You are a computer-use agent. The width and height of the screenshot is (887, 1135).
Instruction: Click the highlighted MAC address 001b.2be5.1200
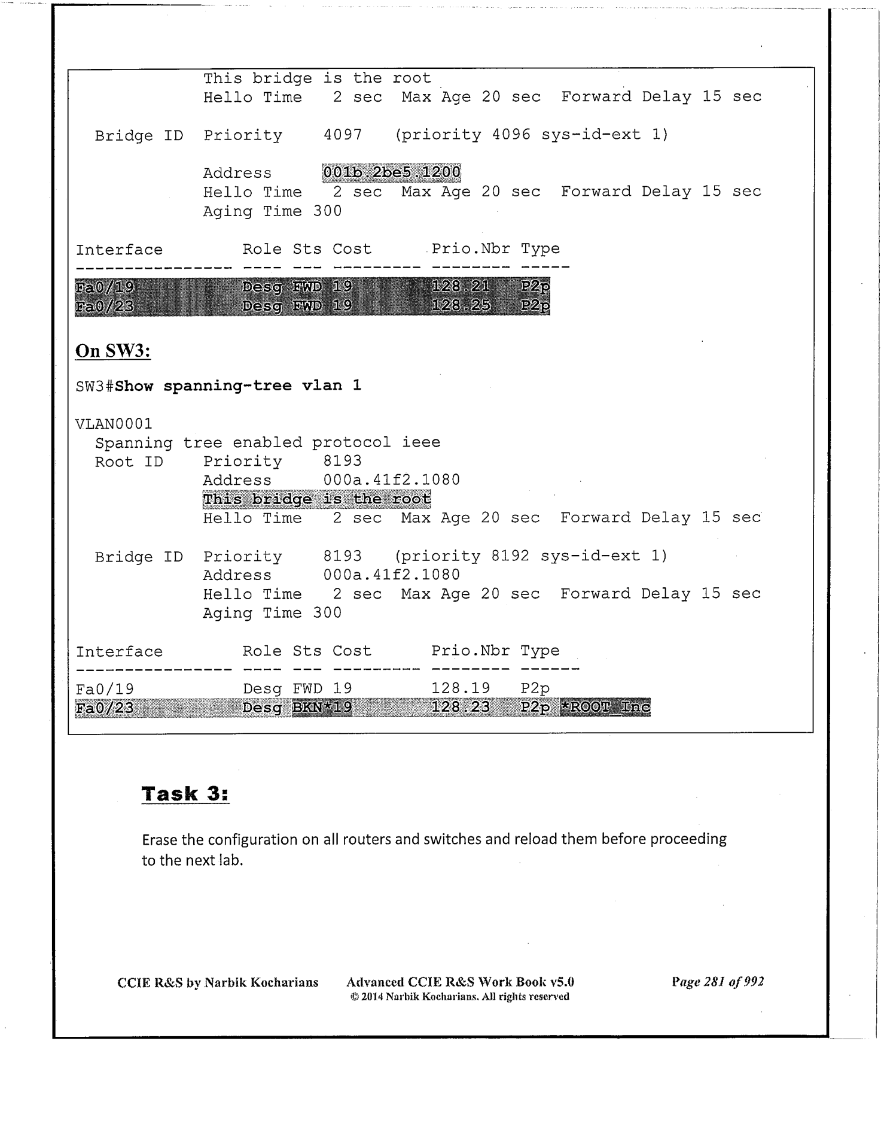392,173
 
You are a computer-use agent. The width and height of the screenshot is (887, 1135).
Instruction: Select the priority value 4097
343,135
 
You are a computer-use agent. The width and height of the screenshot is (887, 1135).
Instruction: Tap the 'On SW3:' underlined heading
113,351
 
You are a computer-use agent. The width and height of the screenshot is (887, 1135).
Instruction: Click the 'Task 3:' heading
185,794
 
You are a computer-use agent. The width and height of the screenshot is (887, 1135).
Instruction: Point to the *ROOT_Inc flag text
605,707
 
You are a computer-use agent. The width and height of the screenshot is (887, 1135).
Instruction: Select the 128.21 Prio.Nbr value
461,287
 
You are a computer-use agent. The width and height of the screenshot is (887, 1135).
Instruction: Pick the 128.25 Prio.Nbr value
461,306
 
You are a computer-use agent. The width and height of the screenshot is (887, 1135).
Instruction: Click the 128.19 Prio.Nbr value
461,688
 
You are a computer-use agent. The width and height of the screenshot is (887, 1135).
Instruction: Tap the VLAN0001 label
114,424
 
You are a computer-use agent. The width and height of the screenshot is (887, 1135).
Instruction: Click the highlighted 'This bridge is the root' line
317,499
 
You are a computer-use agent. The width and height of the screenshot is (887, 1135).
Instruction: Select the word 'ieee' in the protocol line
421,442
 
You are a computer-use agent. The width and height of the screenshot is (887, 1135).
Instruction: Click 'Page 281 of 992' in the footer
718,982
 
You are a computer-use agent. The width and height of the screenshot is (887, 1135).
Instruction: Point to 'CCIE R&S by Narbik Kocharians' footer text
218,982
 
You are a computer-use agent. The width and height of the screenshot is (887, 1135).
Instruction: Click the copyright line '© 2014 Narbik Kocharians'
459,997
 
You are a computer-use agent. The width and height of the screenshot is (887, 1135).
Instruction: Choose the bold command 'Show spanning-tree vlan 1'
238,386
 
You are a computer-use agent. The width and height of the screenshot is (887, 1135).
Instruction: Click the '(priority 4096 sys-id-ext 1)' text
531,135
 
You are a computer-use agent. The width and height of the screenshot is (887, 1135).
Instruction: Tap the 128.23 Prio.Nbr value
461,708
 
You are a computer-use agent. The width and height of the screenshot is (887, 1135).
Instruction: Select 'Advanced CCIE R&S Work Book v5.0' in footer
460,982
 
